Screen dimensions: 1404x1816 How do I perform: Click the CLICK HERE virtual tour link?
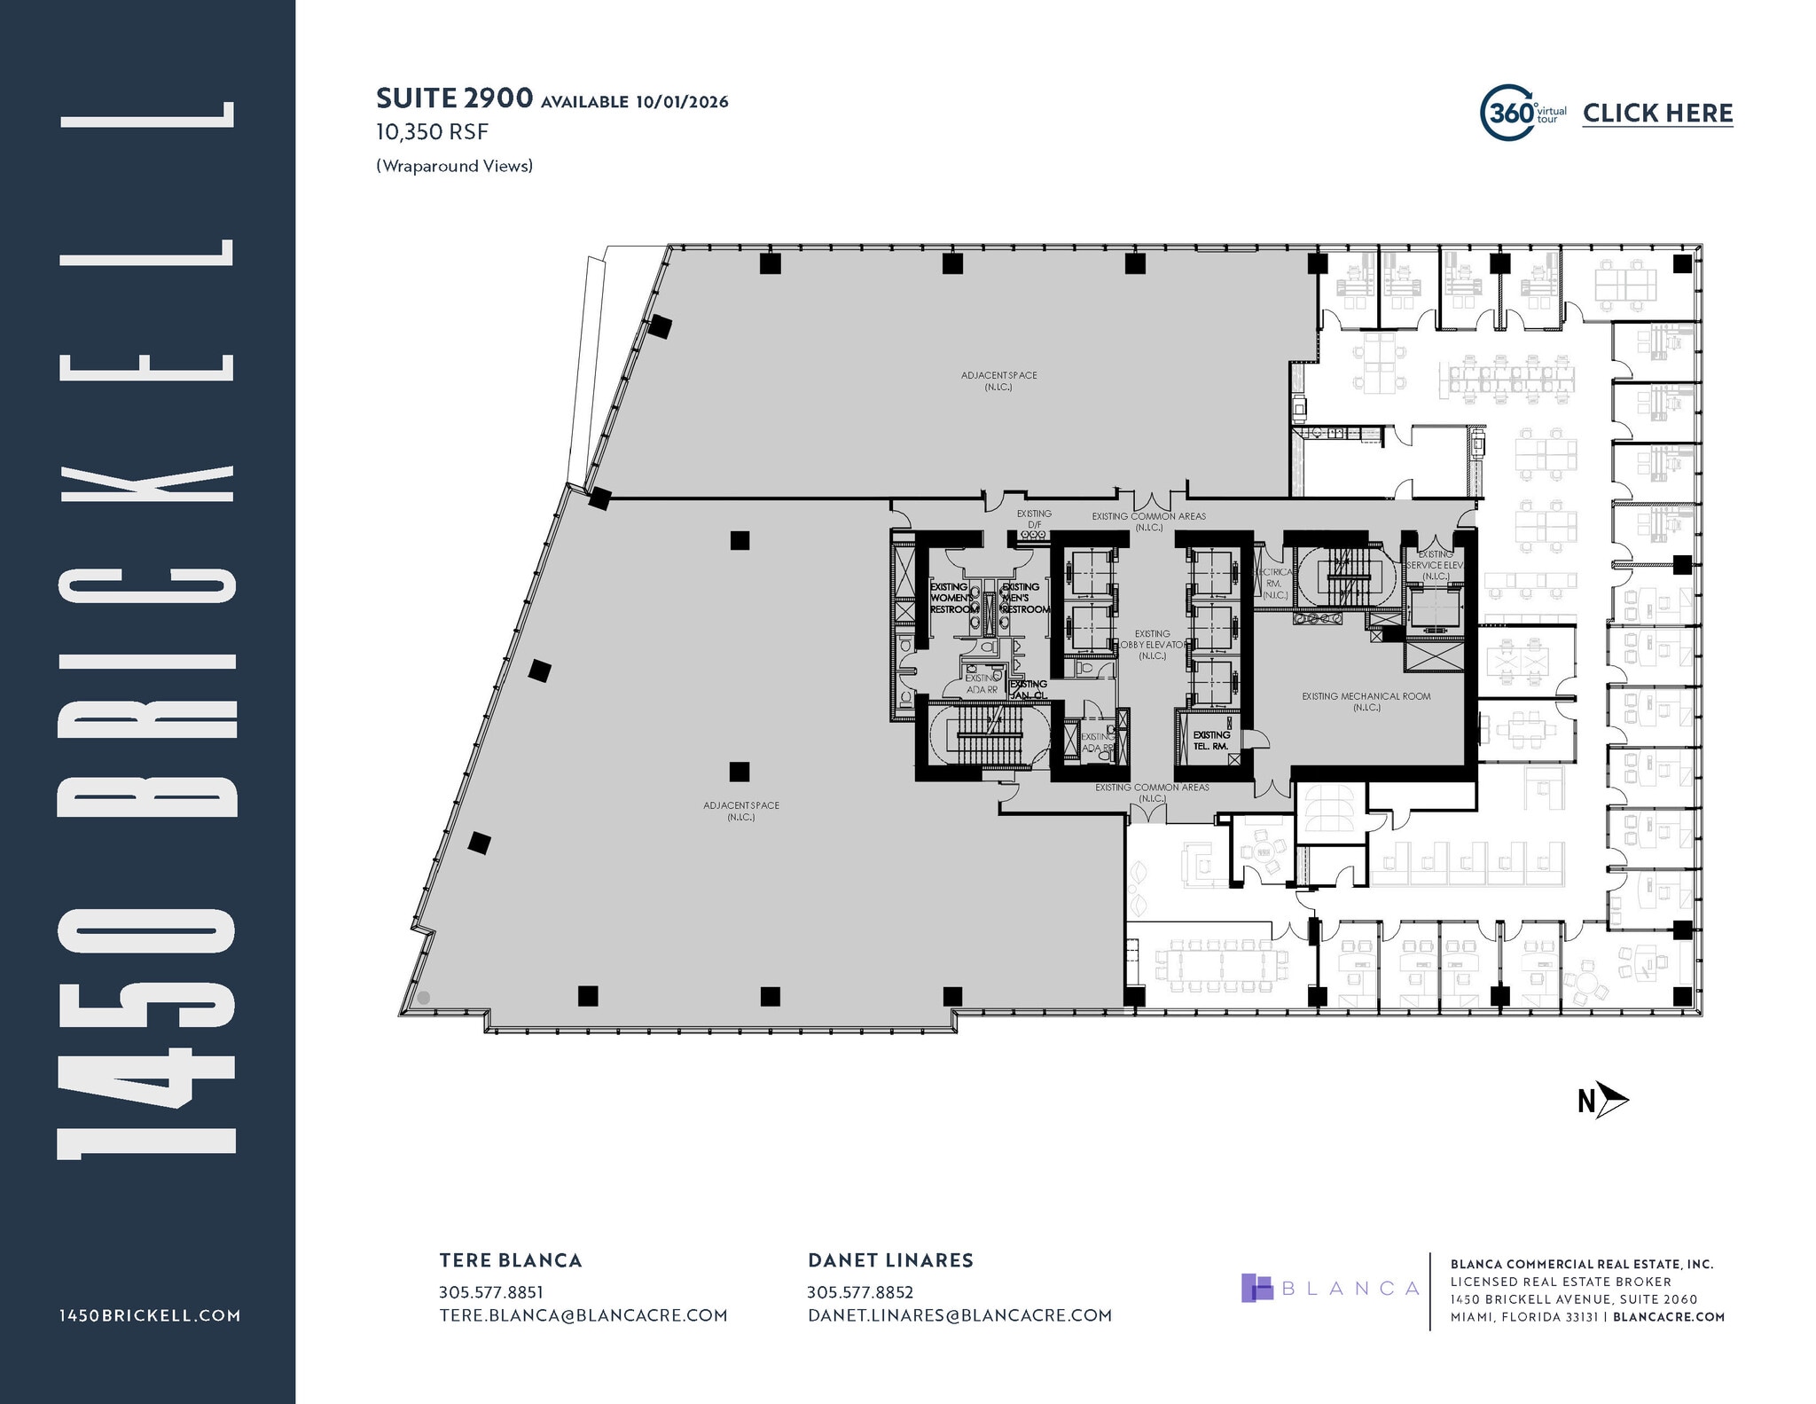coord(1657,114)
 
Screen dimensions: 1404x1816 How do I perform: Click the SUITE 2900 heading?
coord(454,98)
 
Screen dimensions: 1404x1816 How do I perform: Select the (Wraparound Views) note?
coord(454,166)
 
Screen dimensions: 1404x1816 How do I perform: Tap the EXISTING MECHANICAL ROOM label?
coord(1366,702)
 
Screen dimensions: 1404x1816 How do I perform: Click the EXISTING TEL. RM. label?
coord(1210,741)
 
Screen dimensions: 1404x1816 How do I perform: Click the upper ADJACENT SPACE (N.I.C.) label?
coord(998,380)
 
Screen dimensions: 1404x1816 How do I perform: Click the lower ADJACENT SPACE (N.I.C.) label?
coord(741,811)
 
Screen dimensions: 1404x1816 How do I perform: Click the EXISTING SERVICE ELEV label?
coord(1434,565)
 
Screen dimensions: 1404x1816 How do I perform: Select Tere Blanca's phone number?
coord(490,1292)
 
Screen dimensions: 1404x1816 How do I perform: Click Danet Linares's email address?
coord(959,1315)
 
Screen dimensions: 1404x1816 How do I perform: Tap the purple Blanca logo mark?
coord(1256,1288)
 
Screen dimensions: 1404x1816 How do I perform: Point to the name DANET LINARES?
coord(890,1260)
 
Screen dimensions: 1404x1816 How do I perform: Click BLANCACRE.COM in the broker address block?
coord(1669,1317)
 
